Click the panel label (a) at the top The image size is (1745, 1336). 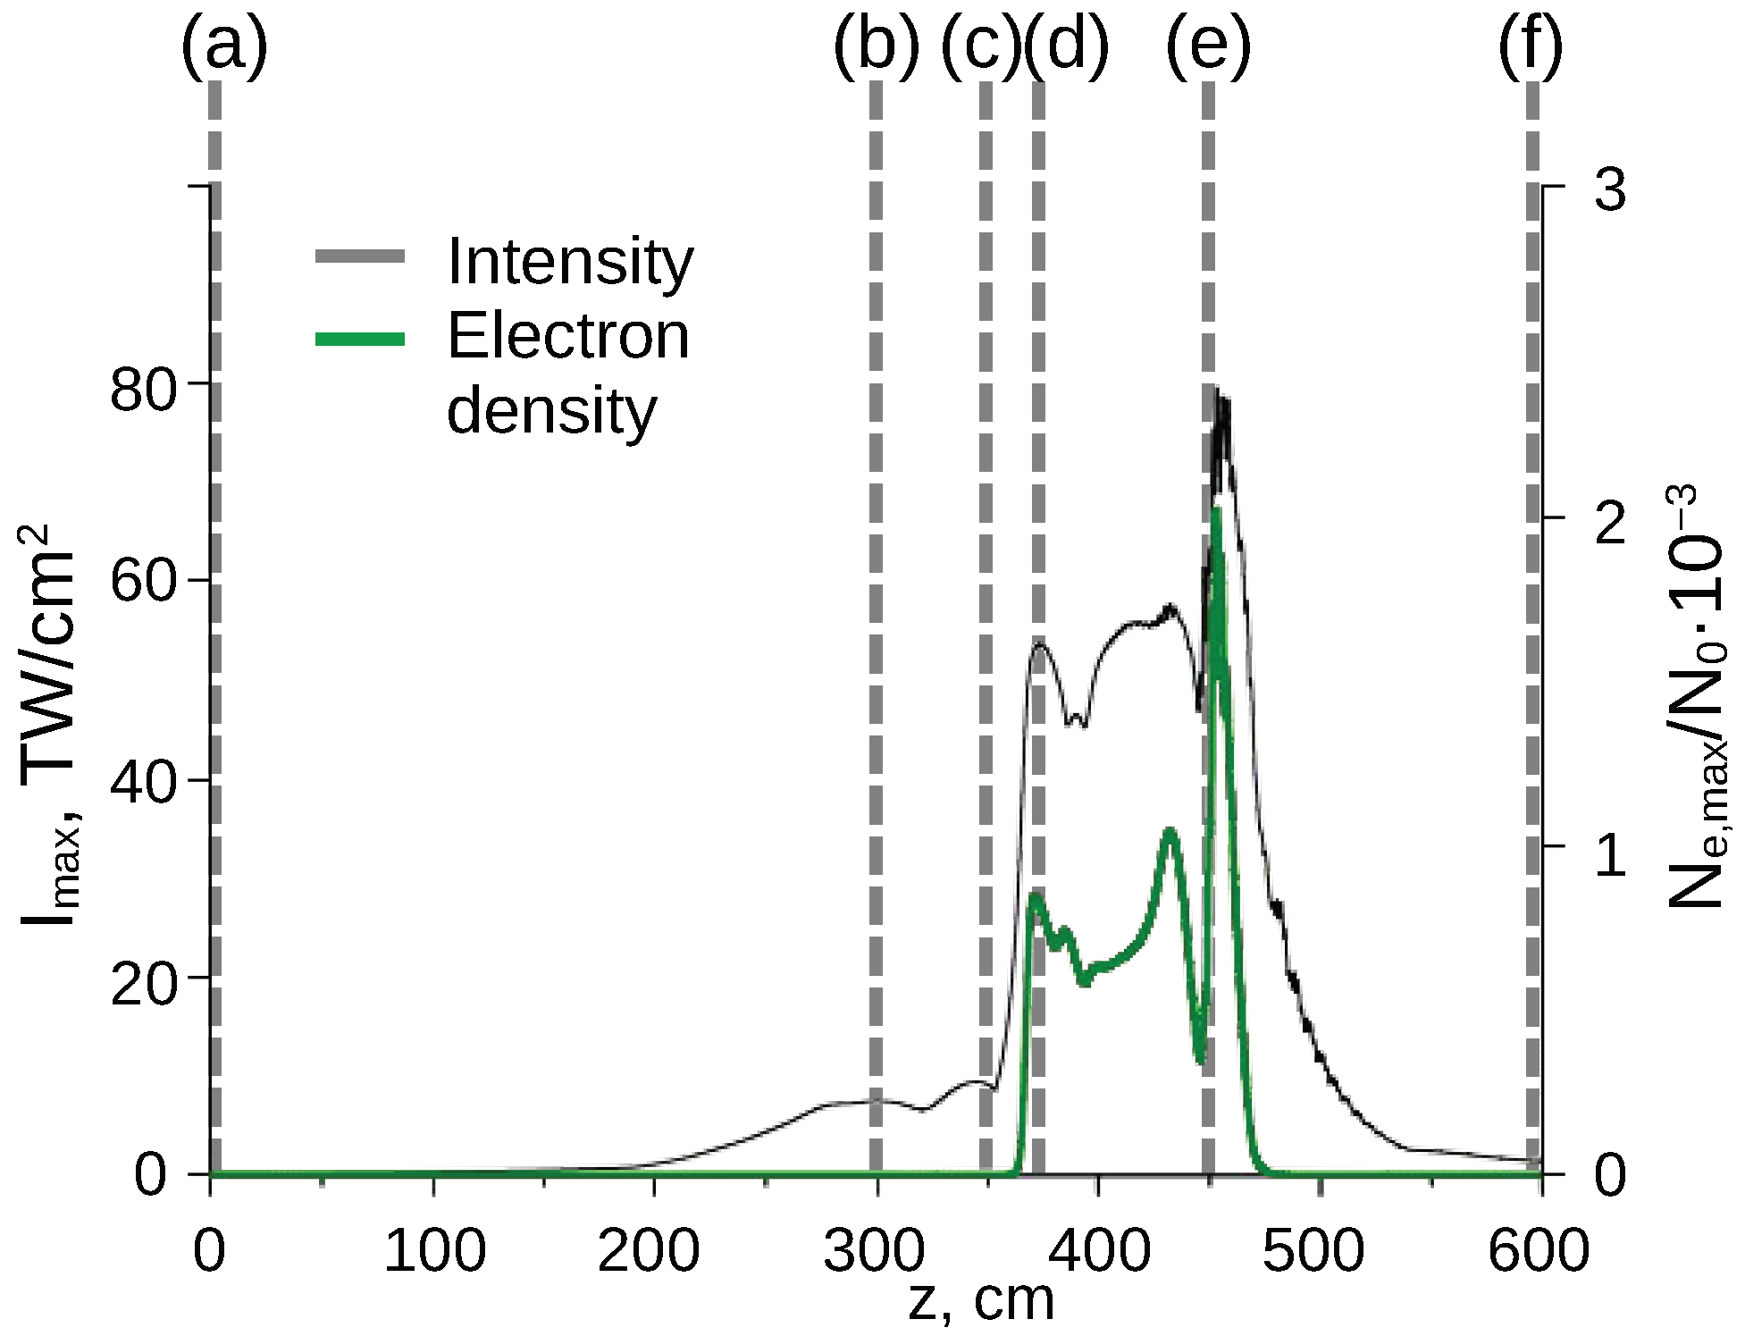click(x=223, y=46)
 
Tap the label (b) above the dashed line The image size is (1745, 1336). click(x=876, y=46)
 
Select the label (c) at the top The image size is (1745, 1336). click(x=981, y=46)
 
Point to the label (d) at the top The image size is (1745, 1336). click(x=1066, y=46)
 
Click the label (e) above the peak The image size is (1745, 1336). click(x=1208, y=46)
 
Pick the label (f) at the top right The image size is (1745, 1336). click(x=1530, y=46)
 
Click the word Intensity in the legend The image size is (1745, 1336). click(x=570, y=262)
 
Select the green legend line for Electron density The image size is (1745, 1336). click(x=360, y=339)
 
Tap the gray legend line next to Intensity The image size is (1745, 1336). click(x=360, y=257)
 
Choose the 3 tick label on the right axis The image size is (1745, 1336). click(x=1610, y=190)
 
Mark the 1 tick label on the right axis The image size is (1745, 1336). click(x=1610, y=854)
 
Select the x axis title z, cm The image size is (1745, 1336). click(x=981, y=1300)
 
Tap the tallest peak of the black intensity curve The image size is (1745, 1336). click(x=1217, y=390)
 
